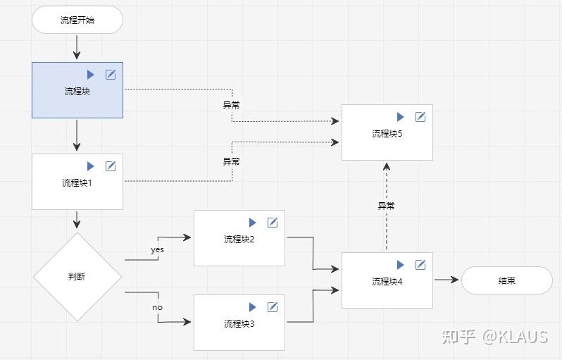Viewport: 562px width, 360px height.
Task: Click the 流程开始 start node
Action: (77, 20)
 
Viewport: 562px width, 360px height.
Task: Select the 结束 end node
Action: (506, 280)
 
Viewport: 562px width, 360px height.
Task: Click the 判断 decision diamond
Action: (77, 277)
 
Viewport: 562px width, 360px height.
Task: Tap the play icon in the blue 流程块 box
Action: (90, 75)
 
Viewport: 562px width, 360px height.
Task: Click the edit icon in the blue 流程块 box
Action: (111, 75)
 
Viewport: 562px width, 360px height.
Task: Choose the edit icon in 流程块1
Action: (111, 166)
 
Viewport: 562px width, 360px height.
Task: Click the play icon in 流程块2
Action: (252, 223)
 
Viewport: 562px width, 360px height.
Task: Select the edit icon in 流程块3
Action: (273, 307)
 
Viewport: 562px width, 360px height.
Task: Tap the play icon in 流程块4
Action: (400, 265)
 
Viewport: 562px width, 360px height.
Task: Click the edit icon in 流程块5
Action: (420, 117)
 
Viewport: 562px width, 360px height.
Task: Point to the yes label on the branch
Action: (157, 250)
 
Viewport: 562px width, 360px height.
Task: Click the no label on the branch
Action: (157, 307)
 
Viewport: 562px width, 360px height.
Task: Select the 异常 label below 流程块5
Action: (386, 206)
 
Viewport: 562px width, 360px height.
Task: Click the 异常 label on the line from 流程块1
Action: (231, 161)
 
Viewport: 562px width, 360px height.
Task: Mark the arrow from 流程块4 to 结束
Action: (447, 280)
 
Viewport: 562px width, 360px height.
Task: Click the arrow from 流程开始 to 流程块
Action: (77, 47)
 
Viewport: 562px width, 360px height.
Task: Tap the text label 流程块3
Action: (239, 324)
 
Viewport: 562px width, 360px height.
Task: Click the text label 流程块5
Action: (387, 134)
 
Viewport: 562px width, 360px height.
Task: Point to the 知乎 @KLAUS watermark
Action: (494, 336)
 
